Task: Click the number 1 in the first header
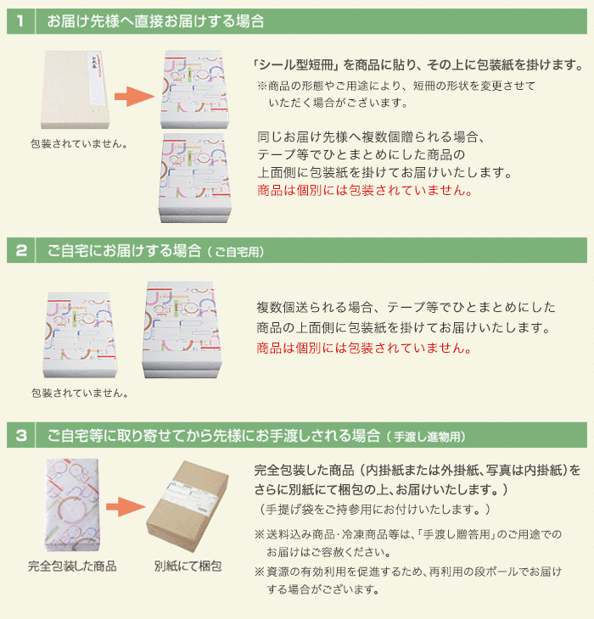tap(20, 21)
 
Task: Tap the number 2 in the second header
tap(20, 250)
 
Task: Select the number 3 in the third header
tap(20, 436)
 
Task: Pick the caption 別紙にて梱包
tap(188, 566)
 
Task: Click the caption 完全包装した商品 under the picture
tap(72, 566)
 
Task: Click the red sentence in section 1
tap(363, 191)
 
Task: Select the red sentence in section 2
tap(363, 349)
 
